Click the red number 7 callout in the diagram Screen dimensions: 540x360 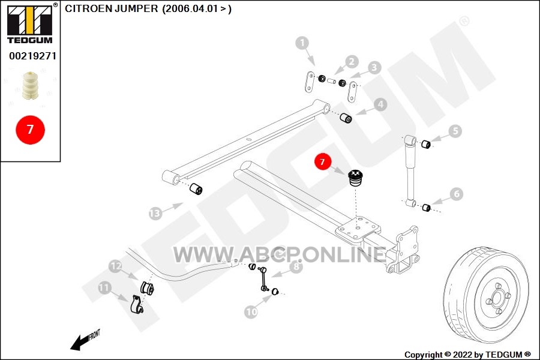click(322, 161)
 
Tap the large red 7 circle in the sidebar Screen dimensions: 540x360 click(31, 130)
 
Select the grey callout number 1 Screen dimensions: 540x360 click(302, 43)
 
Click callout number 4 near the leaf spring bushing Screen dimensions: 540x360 click(380, 104)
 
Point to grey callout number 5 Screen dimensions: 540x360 click(455, 131)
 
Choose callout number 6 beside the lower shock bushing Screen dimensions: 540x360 click(457, 194)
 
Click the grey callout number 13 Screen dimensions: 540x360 click(155, 214)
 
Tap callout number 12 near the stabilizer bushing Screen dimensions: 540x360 click(115, 266)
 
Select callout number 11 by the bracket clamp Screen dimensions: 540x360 click(104, 287)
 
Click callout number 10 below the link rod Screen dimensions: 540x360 click(251, 312)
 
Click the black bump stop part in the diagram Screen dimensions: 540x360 click(355, 178)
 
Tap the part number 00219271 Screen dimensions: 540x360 click(32, 56)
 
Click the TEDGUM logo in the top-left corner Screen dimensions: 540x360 click(30, 23)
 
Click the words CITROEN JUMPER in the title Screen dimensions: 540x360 click(111, 8)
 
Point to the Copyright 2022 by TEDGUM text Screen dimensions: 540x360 click(467, 355)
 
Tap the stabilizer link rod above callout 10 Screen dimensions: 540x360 click(264, 278)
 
